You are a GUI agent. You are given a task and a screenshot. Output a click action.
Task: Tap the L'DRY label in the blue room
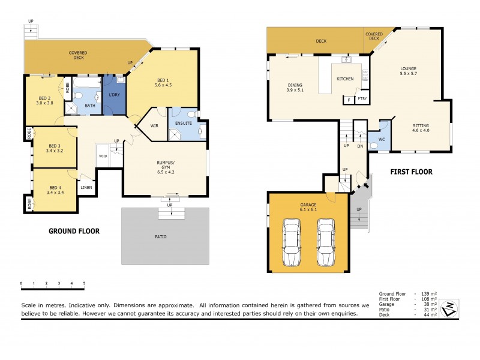(x=113, y=95)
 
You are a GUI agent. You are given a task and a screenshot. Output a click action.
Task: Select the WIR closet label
(x=154, y=125)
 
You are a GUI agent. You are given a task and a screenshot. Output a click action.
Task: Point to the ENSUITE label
(x=183, y=124)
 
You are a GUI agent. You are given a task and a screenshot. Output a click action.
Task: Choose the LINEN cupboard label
(x=86, y=187)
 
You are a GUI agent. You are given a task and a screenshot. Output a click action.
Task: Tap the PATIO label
(x=165, y=236)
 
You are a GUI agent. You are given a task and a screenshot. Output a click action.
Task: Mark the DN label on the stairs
(x=361, y=146)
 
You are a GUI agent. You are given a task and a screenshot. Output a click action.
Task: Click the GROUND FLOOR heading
(x=74, y=231)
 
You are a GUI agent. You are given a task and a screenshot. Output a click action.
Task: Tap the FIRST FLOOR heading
(x=411, y=172)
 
